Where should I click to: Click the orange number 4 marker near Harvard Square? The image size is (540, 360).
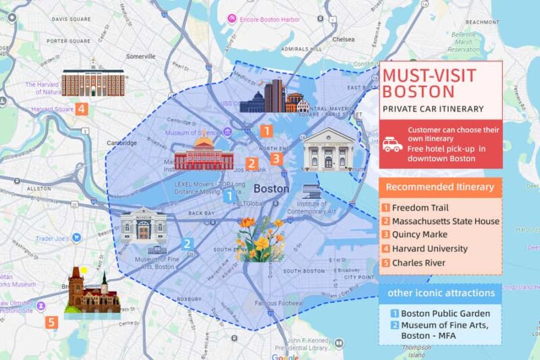pyautogui.click(x=81, y=108)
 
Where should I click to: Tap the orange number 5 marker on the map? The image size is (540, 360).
pyautogui.click(x=53, y=323)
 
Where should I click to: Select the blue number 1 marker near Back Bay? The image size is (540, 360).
pyautogui.click(x=230, y=196)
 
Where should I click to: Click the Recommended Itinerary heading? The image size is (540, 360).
pyautogui.click(x=440, y=187)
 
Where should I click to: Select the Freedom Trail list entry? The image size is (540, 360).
pyautogui.click(x=420, y=208)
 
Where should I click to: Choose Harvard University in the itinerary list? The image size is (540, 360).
pyautogui.click(x=429, y=249)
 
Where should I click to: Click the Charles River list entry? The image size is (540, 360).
pyautogui.click(x=418, y=263)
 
